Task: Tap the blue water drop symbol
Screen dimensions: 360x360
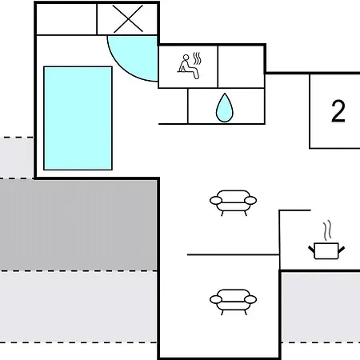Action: coord(225,108)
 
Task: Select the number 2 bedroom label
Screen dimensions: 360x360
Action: coord(338,111)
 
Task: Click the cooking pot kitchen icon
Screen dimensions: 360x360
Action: coord(326,250)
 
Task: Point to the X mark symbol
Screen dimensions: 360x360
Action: coord(128,19)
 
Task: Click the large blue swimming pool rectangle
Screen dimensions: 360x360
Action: coord(78,118)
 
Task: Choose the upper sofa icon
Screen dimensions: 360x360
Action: coord(233,202)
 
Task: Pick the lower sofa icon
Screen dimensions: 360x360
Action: coord(233,302)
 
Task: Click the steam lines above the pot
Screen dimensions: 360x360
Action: coord(327,230)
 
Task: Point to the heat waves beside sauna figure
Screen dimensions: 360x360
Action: coord(197,58)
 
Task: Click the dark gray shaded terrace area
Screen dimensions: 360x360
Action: coord(78,225)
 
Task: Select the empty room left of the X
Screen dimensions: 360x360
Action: coord(66,19)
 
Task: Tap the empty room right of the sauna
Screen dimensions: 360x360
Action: coord(241,66)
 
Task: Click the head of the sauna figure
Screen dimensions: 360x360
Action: coord(186,58)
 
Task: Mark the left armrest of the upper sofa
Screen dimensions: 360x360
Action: coord(216,200)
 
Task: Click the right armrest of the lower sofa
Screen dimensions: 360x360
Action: coord(250,299)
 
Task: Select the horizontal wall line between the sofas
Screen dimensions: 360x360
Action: coord(234,255)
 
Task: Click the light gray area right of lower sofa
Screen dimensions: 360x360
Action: coord(321,307)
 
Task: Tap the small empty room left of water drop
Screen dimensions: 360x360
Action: coord(173,106)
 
